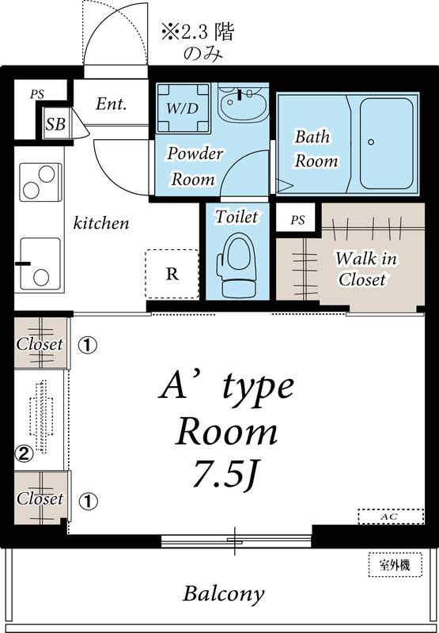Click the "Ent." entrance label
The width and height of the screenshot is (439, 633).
pyautogui.click(x=112, y=104)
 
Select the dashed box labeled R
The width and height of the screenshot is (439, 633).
pyautogui.click(x=172, y=274)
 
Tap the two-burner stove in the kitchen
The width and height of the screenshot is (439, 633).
pyautogui.click(x=40, y=182)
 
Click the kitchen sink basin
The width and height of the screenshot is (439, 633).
pyautogui.click(x=40, y=262)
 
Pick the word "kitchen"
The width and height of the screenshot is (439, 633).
pyautogui.click(x=101, y=223)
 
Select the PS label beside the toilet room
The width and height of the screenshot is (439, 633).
pyautogui.click(x=297, y=219)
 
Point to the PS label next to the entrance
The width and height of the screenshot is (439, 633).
pyautogui.click(x=36, y=93)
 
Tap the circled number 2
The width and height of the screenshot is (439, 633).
pyautogui.click(x=25, y=453)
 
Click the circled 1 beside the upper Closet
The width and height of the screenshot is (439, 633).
pyautogui.click(x=87, y=345)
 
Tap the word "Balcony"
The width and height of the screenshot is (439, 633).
pyautogui.click(x=224, y=593)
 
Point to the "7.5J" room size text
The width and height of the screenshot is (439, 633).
pyautogui.click(x=226, y=474)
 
